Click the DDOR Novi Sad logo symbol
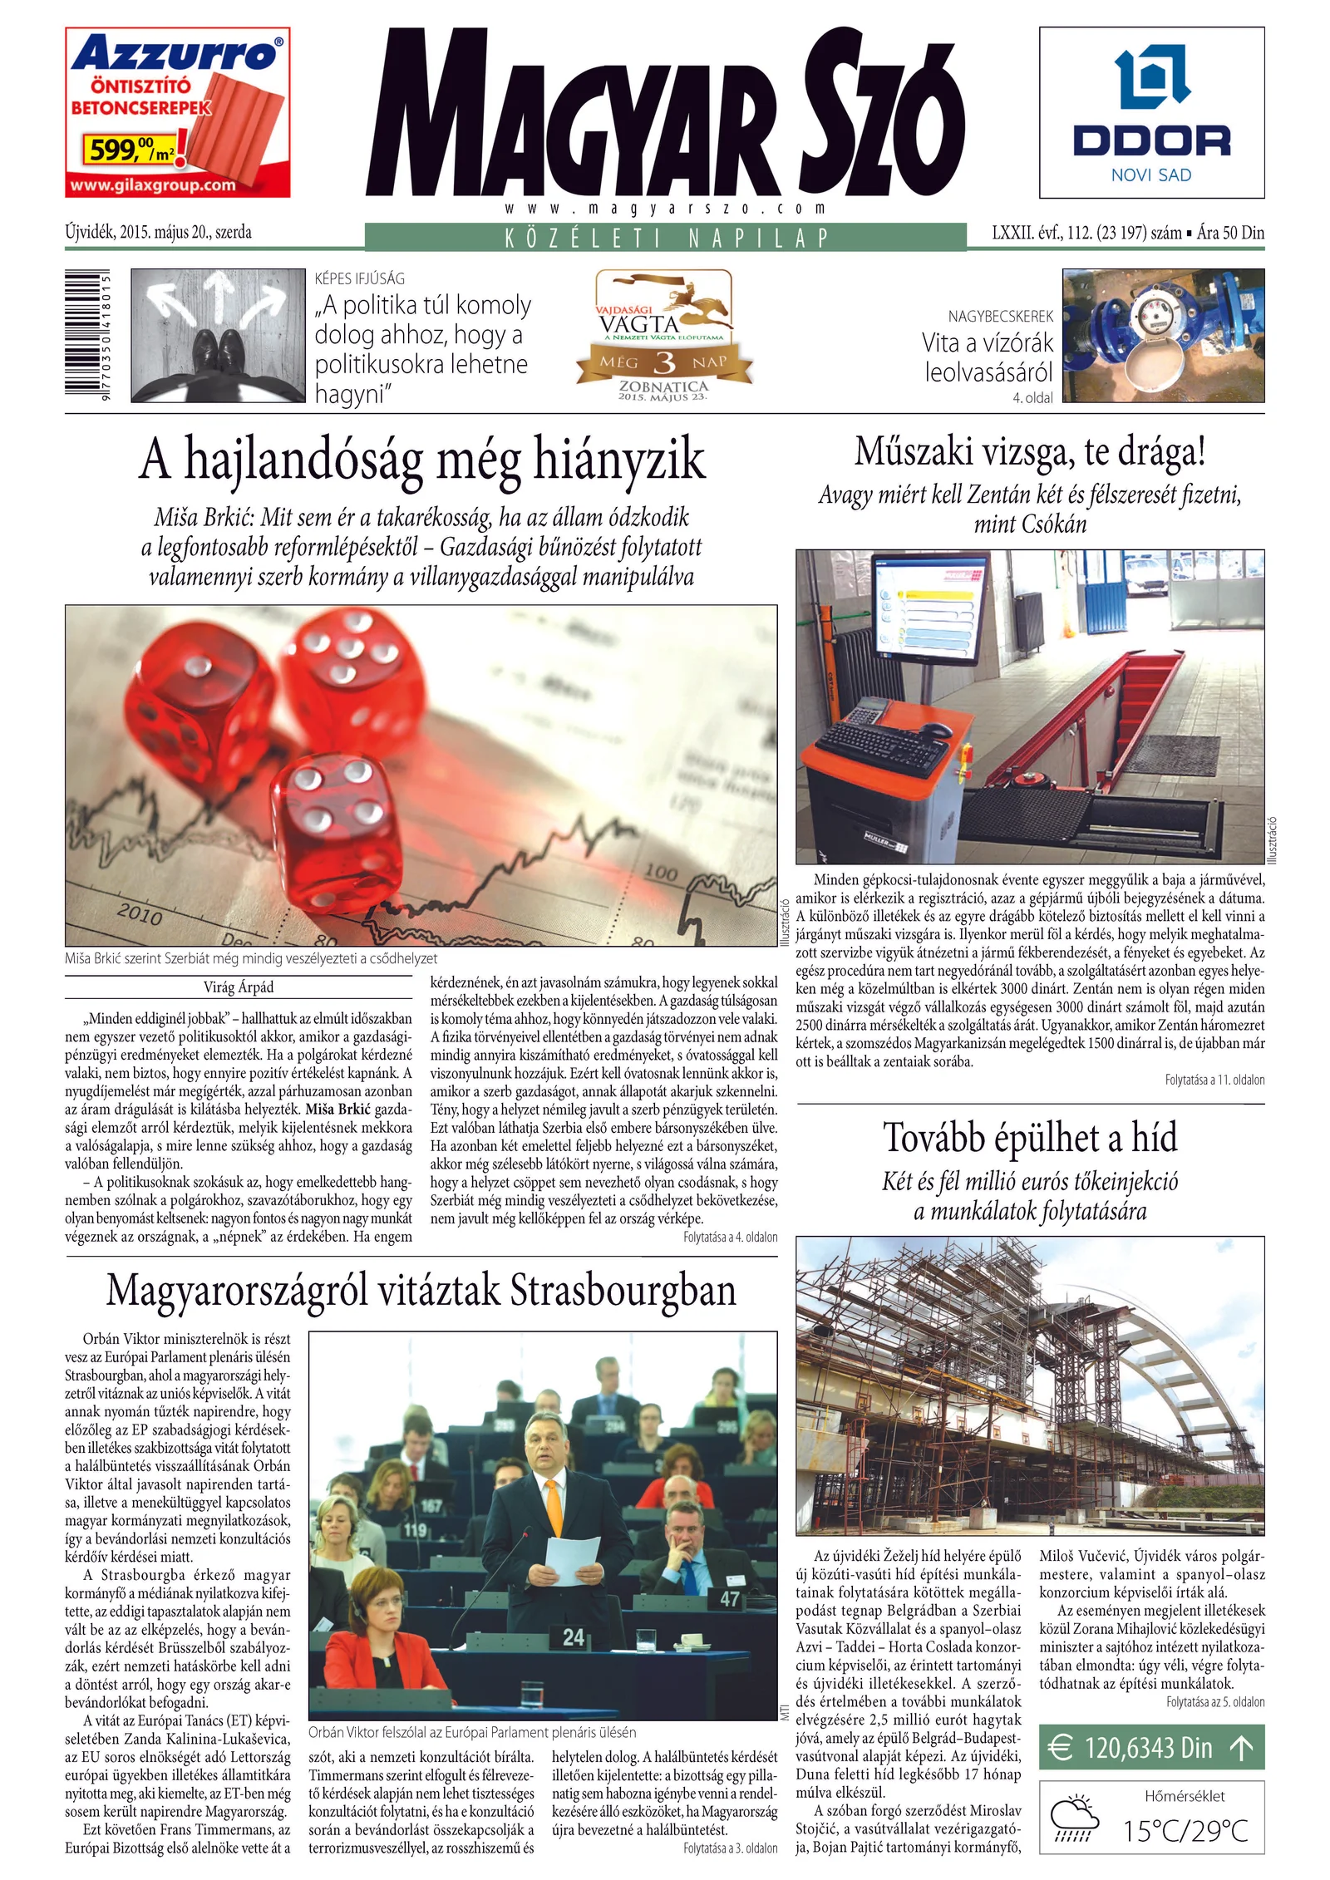coord(1151,80)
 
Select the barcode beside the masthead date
coord(86,337)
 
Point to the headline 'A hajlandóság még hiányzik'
coord(421,460)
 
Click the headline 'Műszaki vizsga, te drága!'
coord(1030,452)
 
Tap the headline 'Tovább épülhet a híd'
coord(1030,1138)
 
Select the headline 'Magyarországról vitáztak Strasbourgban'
coord(421,1291)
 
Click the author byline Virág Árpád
coord(239,987)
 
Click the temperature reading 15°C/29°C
coord(1185,1831)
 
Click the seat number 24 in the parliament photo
coord(574,1637)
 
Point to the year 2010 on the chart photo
coord(140,914)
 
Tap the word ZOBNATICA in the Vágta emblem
coord(663,386)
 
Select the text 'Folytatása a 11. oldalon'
coord(1214,1080)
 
